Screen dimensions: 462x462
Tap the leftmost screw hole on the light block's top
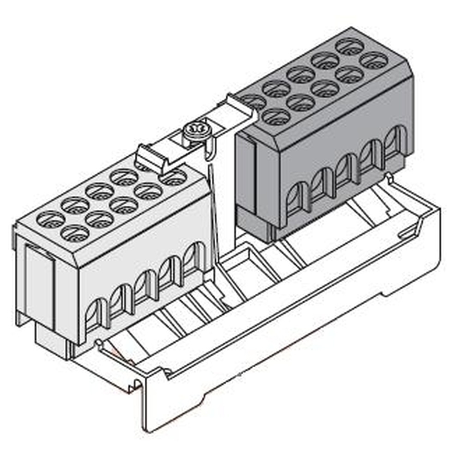pos(50,219)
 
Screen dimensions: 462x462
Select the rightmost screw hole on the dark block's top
pos(373,60)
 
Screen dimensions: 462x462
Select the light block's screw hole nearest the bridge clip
pos(173,177)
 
